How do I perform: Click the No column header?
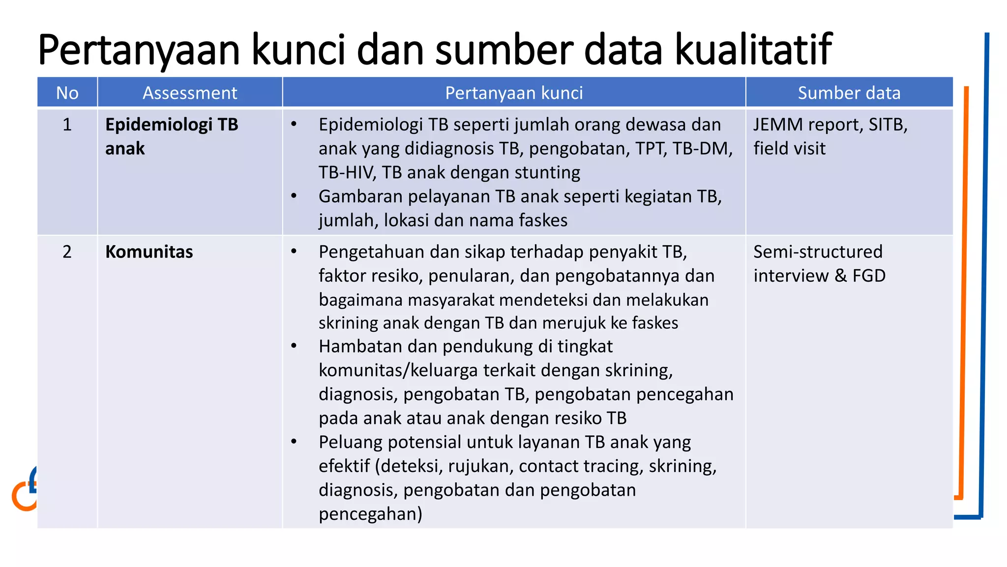pyautogui.click(x=67, y=93)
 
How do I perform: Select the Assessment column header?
pyautogui.click(x=190, y=93)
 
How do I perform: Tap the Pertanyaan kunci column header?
pyautogui.click(x=514, y=93)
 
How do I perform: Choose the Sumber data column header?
pyautogui.click(x=849, y=93)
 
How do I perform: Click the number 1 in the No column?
pyautogui.click(x=67, y=125)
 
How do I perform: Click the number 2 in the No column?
pyautogui.click(x=67, y=252)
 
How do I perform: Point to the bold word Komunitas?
pyautogui.click(x=149, y=252)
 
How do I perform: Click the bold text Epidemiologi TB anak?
pyautogui.click(x=171, y=136)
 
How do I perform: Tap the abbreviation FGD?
pyautogui.click(x=869, y=276)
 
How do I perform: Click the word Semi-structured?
pyautogui.click(x=818, y=252)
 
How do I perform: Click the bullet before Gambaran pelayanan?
pyautogui.click(x=294, y=196)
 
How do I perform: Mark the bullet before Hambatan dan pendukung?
pyautogui.click(x=294, y=346)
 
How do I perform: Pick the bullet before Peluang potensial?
pyautogui.click(x=294, y=441)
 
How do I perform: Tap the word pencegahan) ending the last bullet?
pyautogui.click(x=370, y=514)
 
